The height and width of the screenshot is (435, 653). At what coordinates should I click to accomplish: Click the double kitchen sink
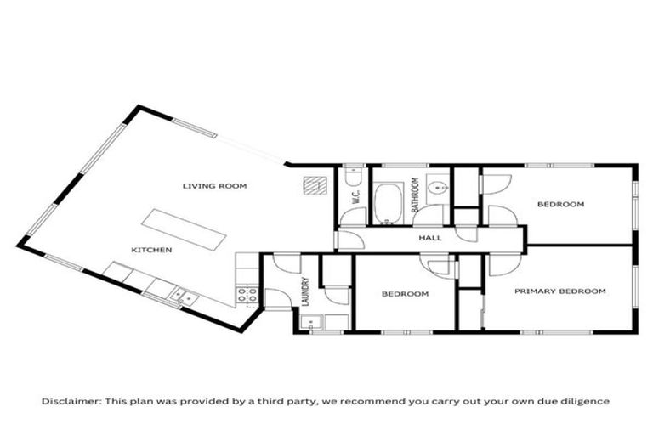[x=184, y=297]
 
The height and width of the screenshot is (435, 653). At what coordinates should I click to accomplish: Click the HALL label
[x=430, y=238]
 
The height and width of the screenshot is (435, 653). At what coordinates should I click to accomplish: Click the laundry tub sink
[x=310, y=322]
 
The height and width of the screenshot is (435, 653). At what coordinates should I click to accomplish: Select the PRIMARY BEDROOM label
[x=560, y=291]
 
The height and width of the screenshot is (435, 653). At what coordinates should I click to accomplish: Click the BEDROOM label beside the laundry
[x=405, y=294]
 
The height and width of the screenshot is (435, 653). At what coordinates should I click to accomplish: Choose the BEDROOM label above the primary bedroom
[x=560, y=204]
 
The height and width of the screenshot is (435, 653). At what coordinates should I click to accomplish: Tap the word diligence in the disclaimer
[x=586, y=400]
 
